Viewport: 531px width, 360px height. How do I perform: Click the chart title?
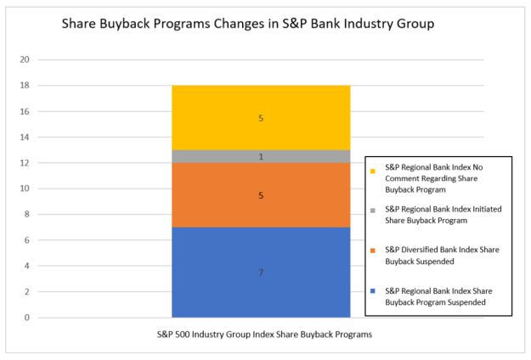[248, 24]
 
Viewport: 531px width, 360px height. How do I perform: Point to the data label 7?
[261, 273]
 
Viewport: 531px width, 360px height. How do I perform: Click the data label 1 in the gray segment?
[261, 156]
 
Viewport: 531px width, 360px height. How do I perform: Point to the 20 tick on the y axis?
[24, 59]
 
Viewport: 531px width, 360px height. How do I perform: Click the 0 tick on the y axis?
[26, 318]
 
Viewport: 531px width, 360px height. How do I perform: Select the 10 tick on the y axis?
[24, 188]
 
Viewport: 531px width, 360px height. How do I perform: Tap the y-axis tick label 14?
[24, 137]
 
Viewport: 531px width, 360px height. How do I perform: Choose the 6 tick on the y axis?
[26, 240]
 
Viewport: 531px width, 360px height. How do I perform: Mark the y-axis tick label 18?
[24, 86]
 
